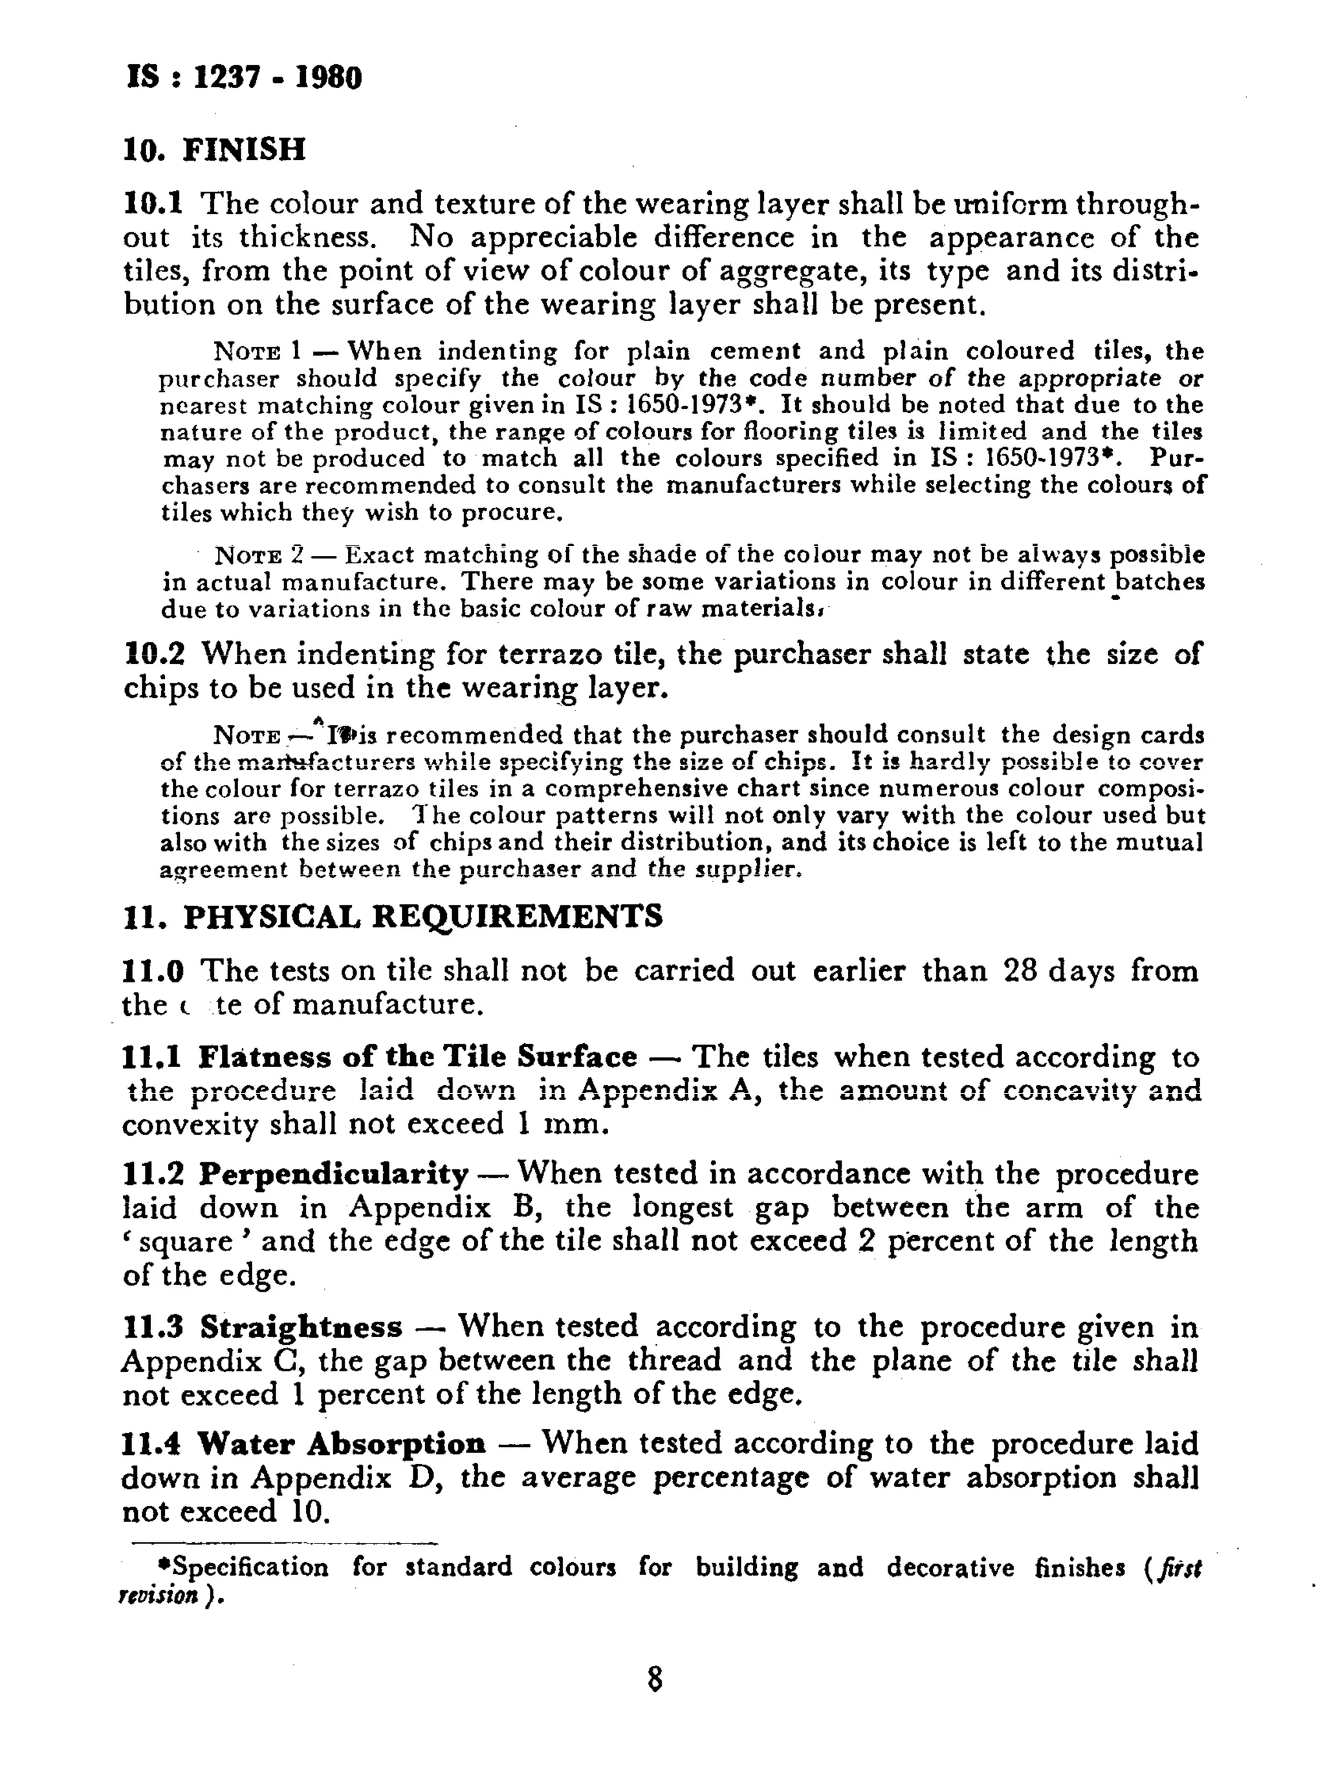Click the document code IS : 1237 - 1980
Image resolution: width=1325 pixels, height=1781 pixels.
pyautogui.click(x=244, y=78)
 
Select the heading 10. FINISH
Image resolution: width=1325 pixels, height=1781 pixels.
pyautogui.click(x=214, y=149)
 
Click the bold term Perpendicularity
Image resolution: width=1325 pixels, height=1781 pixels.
pyautogui.click(x=334, y=1175)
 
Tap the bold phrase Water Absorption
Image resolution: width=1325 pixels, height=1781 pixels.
pyautogui.click(x=342, y=1444)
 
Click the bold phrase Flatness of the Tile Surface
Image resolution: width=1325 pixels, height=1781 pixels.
pyautogui.click(x=417, y=1057)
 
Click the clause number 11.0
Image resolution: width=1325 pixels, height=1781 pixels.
pyautogui.click(x=153, y=971)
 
